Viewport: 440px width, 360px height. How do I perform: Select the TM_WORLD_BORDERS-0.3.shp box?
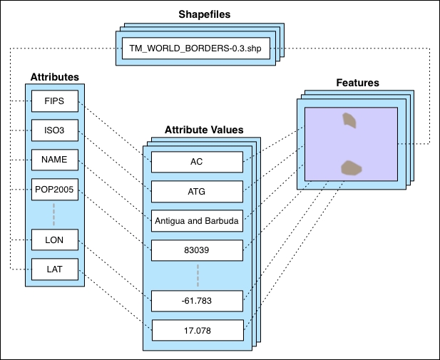click(x=195, y=48)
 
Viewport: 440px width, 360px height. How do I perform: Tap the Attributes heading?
click(x=54, y=76)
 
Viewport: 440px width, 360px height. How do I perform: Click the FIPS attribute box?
click(x=54, y=101)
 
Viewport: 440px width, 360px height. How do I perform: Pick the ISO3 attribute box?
click(x=54, y=130)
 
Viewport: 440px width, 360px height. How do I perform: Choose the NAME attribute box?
click(x=54, y=160)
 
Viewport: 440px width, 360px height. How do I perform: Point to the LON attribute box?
click(x=54, y=241)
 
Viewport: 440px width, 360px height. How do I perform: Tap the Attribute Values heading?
click(x=203, y=130)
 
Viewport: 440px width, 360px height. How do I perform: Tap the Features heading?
click(x=357, y=83)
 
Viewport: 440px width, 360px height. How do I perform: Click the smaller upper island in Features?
click(x=349, y=120)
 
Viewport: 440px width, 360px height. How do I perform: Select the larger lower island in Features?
click(x=350, y=168)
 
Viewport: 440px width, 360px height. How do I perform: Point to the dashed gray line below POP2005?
click(x=54, y=215)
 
